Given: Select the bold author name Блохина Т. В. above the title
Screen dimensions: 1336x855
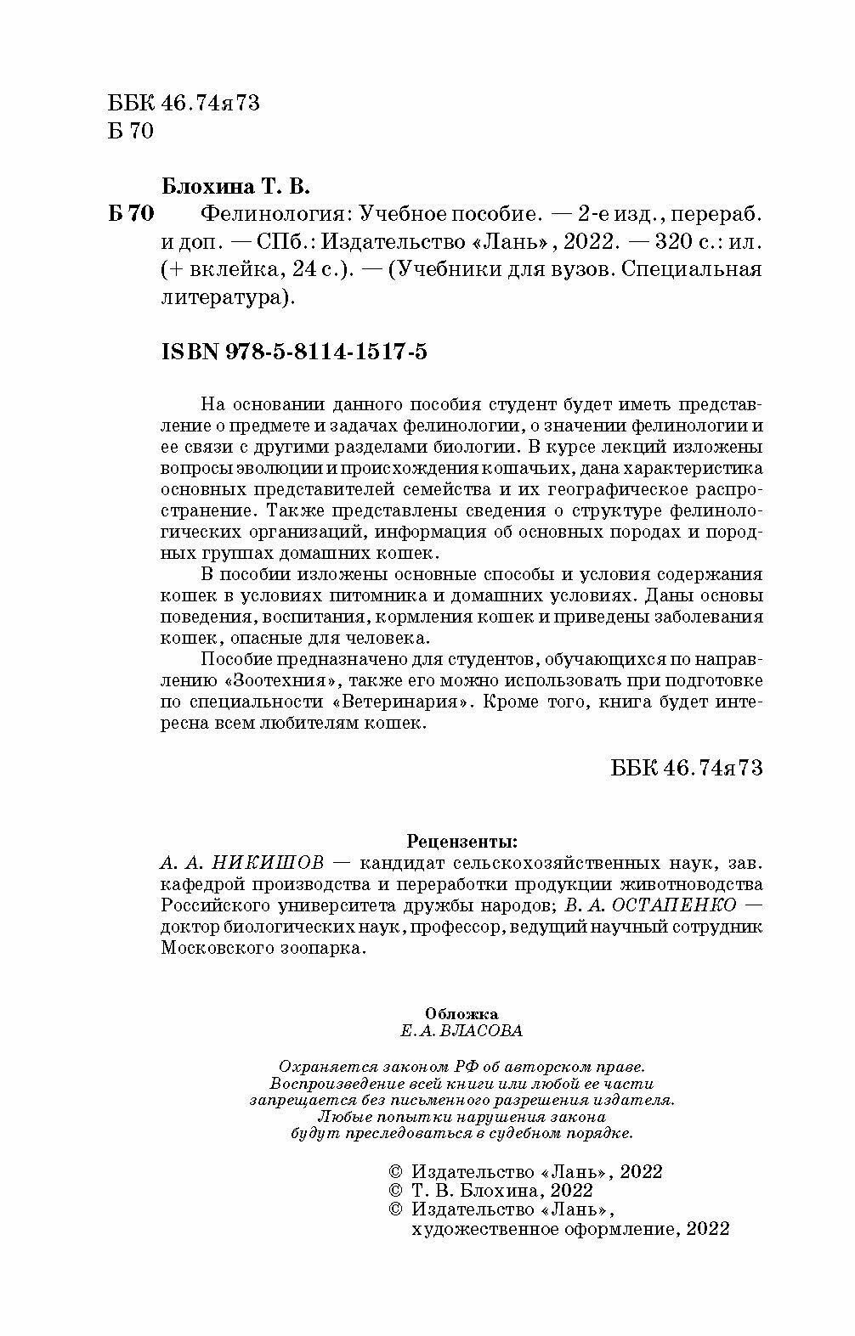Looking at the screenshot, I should [x=235, y=184].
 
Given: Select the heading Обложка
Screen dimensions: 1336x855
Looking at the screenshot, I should [x=461, y=1012].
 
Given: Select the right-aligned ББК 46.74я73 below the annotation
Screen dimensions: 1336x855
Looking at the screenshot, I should [x=687, y=767].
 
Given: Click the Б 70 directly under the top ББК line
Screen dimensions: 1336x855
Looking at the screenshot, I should [x=131, y=132].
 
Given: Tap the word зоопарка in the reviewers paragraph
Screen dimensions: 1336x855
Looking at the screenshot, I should [x=329, y=949].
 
